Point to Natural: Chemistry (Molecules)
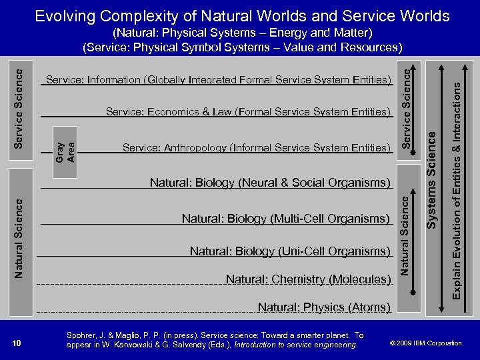[308, 279]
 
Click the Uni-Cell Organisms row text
[290, 251]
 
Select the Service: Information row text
[218, 80]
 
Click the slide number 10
[17, 343]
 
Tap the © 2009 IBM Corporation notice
[425, 343]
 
